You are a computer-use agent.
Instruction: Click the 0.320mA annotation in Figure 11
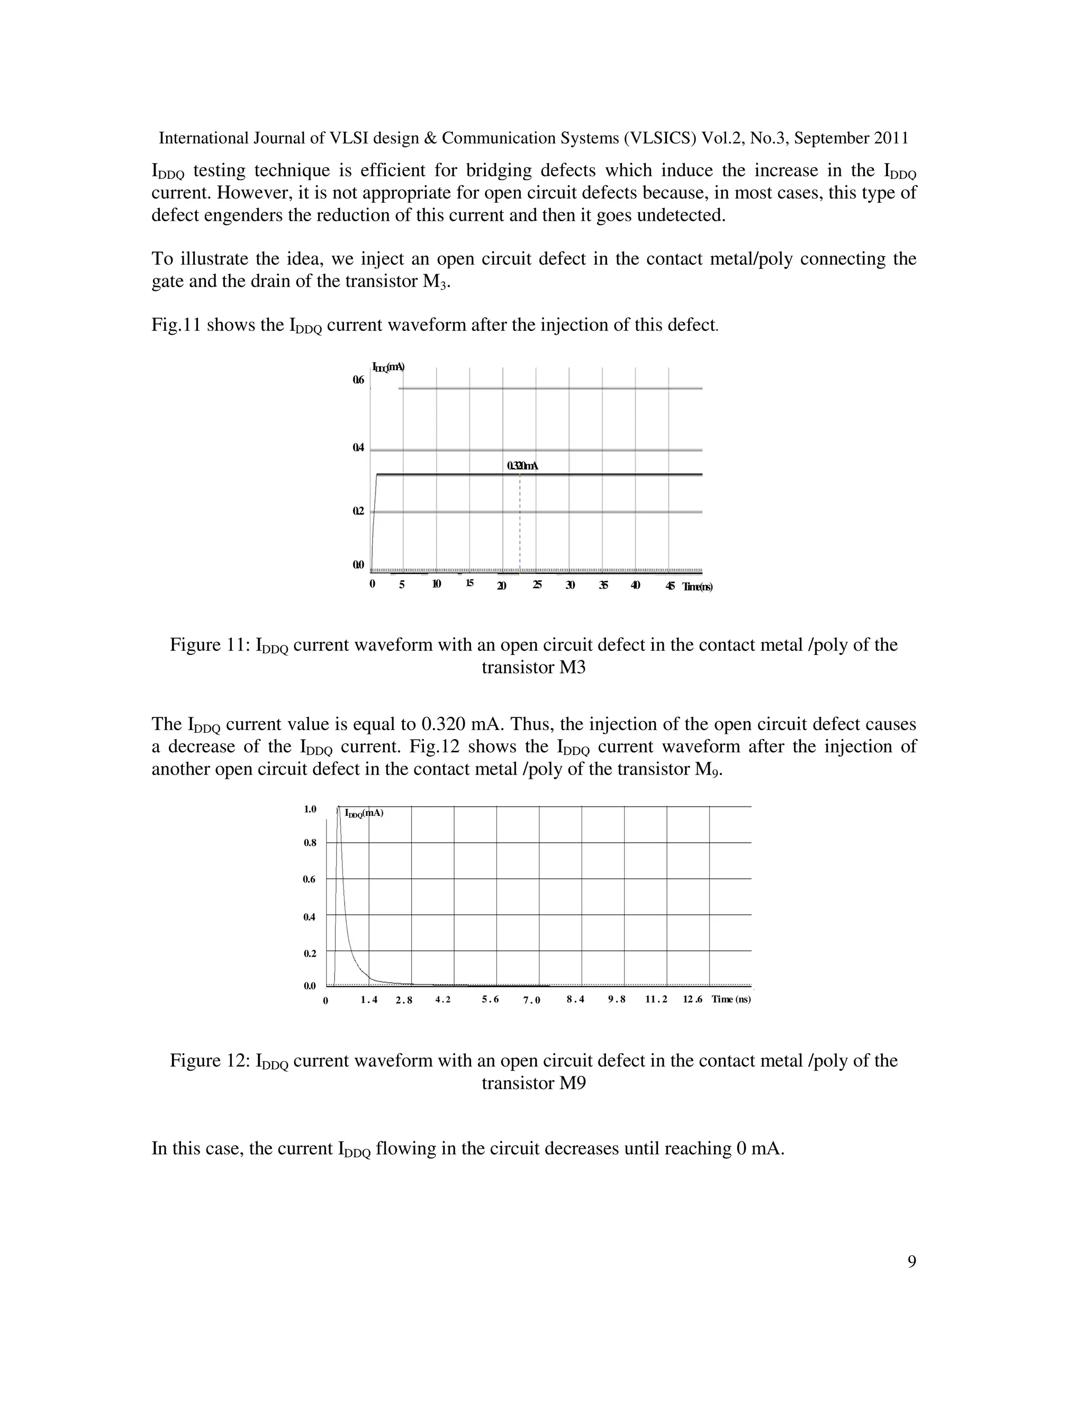click(x=521, y=466)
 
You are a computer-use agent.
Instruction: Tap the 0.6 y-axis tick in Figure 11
click(x=358, y=380)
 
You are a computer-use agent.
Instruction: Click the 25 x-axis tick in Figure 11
click(x=537, y=584)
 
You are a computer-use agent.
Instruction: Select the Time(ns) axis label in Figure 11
click(x=698, y=587)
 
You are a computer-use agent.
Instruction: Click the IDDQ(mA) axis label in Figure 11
click(x=388, y=367)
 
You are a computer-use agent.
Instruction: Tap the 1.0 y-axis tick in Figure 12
click(x=310, y=809)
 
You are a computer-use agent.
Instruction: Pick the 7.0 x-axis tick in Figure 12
click(x=532, y=1000)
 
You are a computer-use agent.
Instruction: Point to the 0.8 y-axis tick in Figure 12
click(x=310, y=843)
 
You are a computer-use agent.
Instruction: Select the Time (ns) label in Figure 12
click(x=731, y=999)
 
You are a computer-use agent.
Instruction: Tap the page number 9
click(x=911, y=1262)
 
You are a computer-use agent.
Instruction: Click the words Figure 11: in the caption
click(x=210, y=644)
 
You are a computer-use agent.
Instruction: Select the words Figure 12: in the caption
click(x=210, y=1060)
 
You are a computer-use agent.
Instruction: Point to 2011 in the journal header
click(x=891, y=138)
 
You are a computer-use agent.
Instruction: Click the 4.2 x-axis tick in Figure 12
click(x=443, y=1000)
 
